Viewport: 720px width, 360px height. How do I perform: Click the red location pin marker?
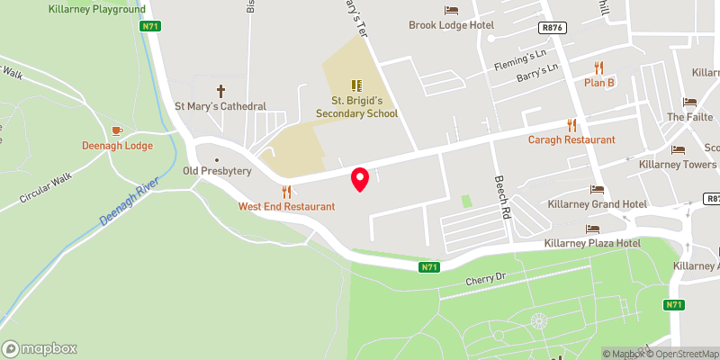pyautogui.click(x=360, y=179)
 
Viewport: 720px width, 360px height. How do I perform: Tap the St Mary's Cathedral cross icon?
pyautogui.click(x=220, y=90)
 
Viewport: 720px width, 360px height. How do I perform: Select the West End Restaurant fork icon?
pyautogui.click(x=287, y=191)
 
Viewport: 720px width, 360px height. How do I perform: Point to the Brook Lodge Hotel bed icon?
pyautogui.click(x=452, y=9)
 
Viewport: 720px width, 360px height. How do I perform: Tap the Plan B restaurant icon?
pyautogui.click(x=598, y=67)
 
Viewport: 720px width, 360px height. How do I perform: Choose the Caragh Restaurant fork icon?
pyautogui.click(x=571, y=124)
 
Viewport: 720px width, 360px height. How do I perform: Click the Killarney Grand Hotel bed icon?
pyautogui.click(x=597, y=189)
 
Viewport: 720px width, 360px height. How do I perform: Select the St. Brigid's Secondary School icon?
pyautogui.click(x=356, y=86)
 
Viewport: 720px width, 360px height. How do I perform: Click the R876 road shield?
pyautogui.click(x=553, y=28)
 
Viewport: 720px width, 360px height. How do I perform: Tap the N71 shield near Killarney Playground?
pyautogui.click(x=150, y=26)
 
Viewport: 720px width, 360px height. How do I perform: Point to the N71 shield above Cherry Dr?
pyautogui.click(x=430, y=267)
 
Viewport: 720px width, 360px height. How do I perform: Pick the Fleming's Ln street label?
pyautogui.click(x=519, y=61)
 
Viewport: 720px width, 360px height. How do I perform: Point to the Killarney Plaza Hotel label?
pyautogui.click(x=591, y=244)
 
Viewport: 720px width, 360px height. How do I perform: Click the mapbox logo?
pyautogui.click(x=40, y=348)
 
